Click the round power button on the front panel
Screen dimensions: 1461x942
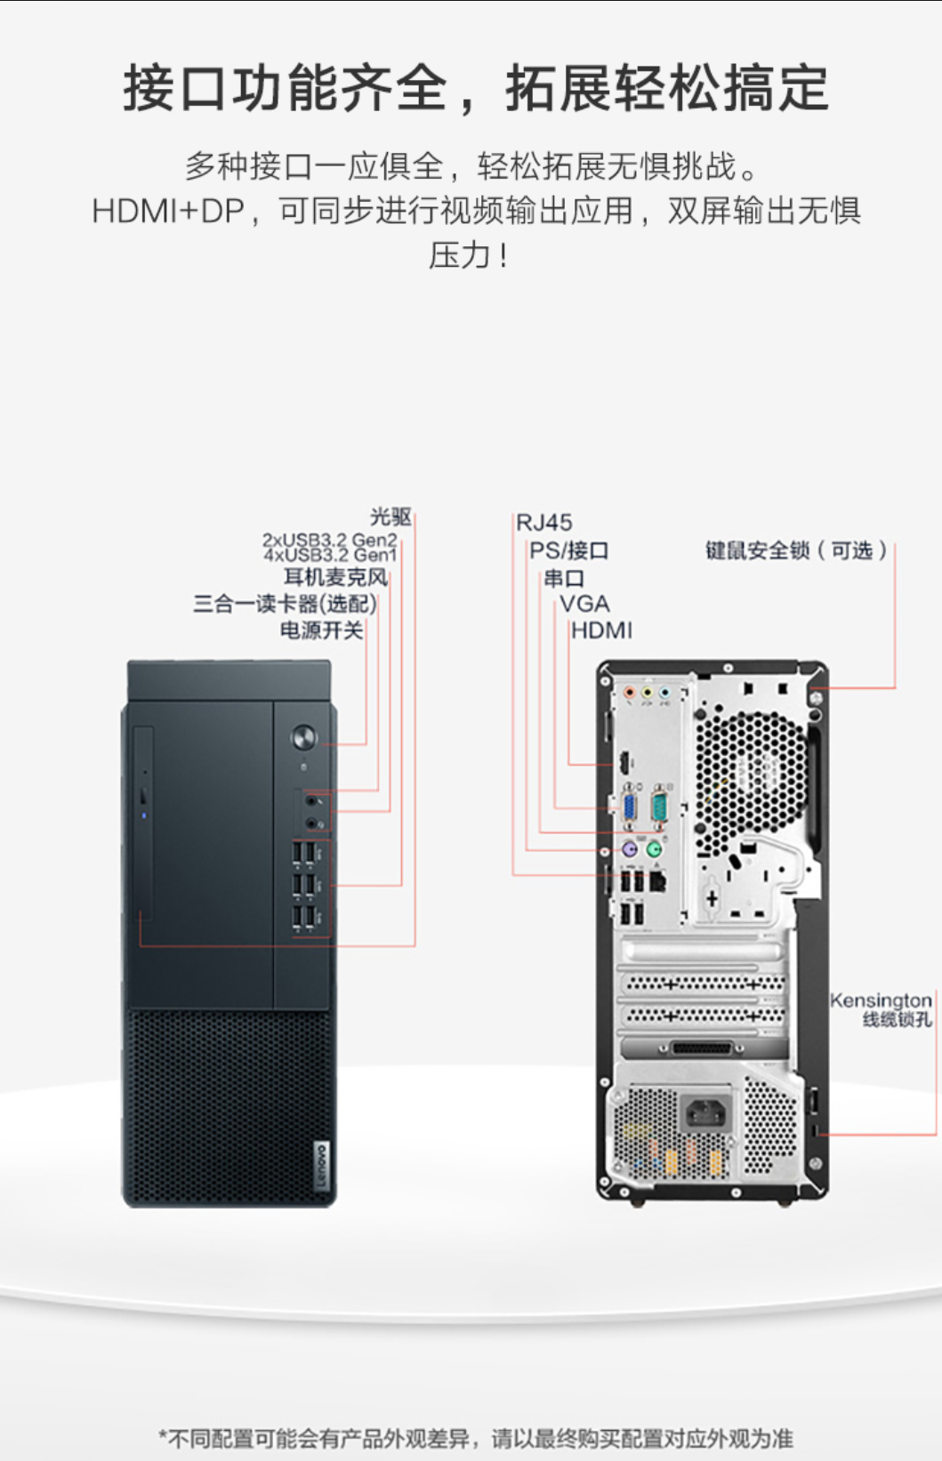(x=304, y=737)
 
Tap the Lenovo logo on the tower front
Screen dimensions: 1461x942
(x=321, y=1165)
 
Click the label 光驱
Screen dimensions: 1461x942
(x=390, y=517)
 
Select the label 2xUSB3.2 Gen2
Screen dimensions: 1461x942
(x=329, y=540)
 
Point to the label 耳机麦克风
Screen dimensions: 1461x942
(x=335, y=577)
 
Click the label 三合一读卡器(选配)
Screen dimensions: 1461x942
(x=285, y=604)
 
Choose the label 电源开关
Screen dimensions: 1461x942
(x=321, y=630)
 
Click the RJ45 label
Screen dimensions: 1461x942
(x=544, y=523)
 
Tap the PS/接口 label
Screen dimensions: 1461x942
(x=569, y=550)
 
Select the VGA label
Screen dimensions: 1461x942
(x=584, y=604)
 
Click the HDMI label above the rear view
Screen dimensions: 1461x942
(x=601, y=630)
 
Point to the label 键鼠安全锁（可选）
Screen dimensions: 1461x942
(x=796, y=550)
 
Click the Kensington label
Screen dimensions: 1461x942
(x=880, y=1001)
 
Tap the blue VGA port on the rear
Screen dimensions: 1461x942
(x=629, y=807)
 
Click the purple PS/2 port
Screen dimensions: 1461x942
(x=630, y=849)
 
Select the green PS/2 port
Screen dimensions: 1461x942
(x=655, y=849)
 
